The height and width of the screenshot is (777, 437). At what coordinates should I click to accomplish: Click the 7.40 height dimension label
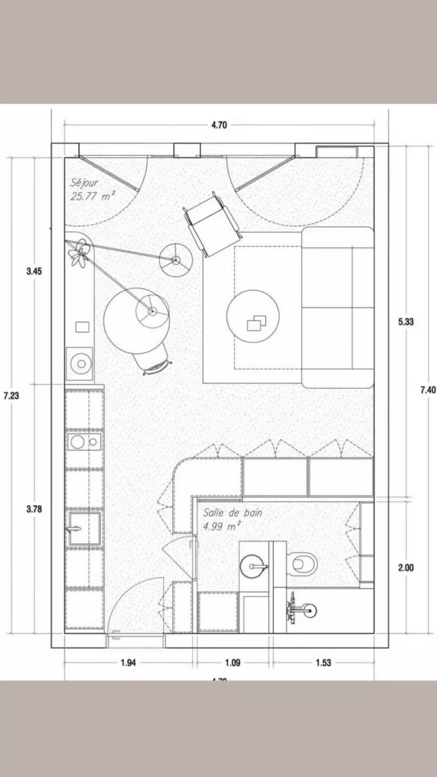(428, 390)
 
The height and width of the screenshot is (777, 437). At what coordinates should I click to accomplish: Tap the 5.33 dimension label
(406, 322)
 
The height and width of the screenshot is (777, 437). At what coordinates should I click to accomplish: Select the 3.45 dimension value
(34, 271)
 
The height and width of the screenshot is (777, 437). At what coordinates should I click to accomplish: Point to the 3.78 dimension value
(34, 509)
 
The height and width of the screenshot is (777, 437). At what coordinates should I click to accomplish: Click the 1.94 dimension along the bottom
(128, 662)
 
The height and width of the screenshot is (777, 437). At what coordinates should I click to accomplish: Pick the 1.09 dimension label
(233, 662)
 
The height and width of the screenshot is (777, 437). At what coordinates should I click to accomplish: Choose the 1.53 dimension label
(323, 662)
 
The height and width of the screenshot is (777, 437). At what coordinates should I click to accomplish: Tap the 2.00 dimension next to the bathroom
(406, 567)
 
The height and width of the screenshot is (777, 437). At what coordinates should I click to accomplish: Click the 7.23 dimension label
(11, 395)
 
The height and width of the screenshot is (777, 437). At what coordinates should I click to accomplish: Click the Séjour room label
(84, 183)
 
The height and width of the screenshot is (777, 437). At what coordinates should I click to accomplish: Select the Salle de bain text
(232, 513)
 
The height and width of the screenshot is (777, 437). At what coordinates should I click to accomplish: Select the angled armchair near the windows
(211, 225)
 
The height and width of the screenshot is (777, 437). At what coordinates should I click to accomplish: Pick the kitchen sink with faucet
(84, 529)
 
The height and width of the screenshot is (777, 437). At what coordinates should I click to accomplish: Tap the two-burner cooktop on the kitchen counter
(84, 442)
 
